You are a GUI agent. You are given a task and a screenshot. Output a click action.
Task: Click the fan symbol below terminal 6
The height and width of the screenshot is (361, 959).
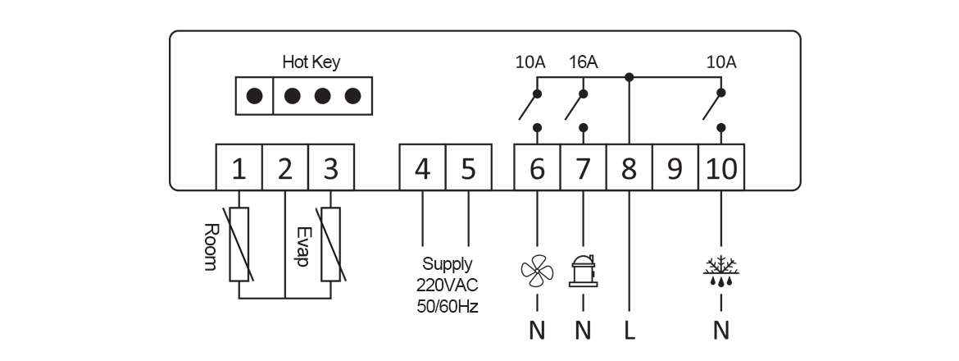coord(537,271)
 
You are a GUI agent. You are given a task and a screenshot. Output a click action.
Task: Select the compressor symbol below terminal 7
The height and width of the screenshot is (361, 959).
coord(583,270)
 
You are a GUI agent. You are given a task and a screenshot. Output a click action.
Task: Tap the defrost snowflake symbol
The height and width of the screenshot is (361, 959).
coord(721,270)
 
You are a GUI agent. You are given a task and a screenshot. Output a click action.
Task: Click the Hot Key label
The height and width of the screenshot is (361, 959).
coord(311,62)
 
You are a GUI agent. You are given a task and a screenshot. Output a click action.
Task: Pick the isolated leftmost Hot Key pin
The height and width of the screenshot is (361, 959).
coord(255,96)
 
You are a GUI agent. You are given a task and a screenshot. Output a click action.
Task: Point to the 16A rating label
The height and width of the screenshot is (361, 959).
coord(583,62)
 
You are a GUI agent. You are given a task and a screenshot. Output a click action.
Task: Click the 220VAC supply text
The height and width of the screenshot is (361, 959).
coord(447,286)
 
